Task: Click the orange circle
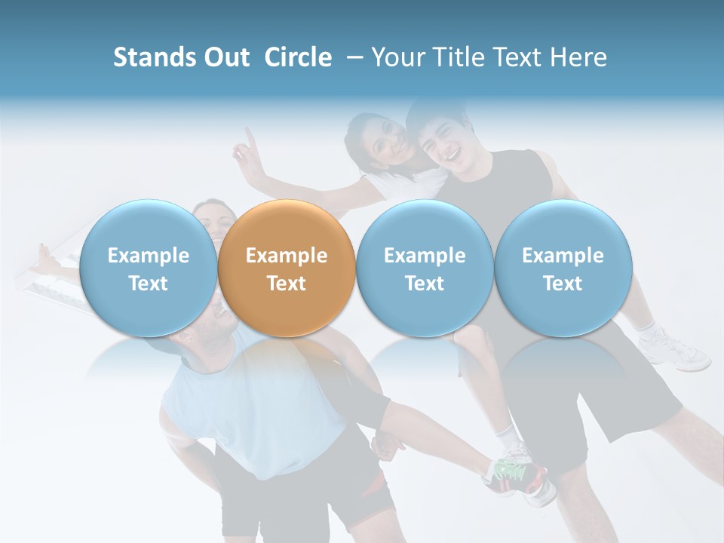tap(286, 268)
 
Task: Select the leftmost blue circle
tap(148, 268)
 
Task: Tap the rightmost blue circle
tap(563, 268)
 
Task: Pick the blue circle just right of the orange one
tap(425, 268)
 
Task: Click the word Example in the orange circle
tap(286, 256)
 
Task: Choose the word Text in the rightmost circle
tap(563, 284)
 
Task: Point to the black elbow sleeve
tap(370, 407)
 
